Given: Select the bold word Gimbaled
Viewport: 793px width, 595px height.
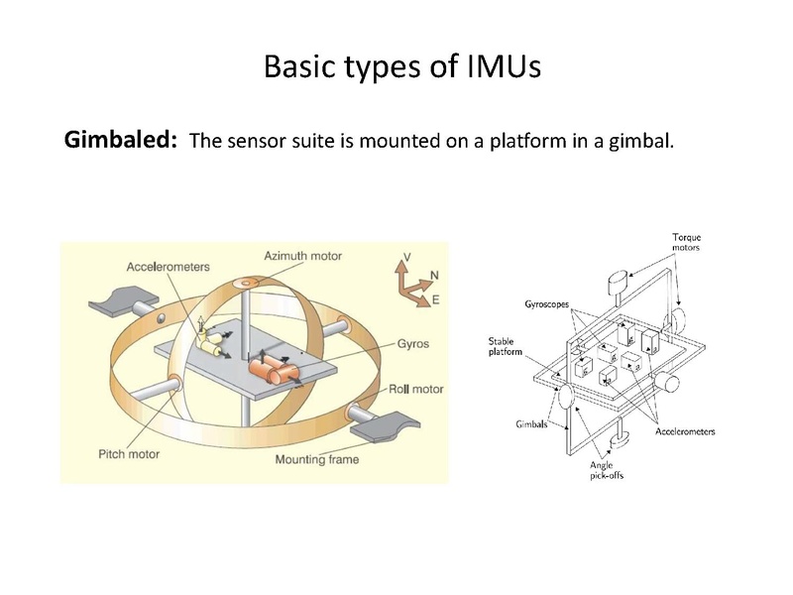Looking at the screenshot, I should pos(121,140).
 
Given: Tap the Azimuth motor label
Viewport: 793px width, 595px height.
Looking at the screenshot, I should pos(302,256).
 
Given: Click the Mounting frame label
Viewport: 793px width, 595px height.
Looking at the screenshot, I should pos(316,459).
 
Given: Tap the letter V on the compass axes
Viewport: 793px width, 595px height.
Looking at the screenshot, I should pos(405,257).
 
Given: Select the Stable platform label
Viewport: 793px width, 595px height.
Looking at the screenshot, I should pos(504,347).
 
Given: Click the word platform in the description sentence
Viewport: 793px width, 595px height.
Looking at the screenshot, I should pos(511,141).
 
